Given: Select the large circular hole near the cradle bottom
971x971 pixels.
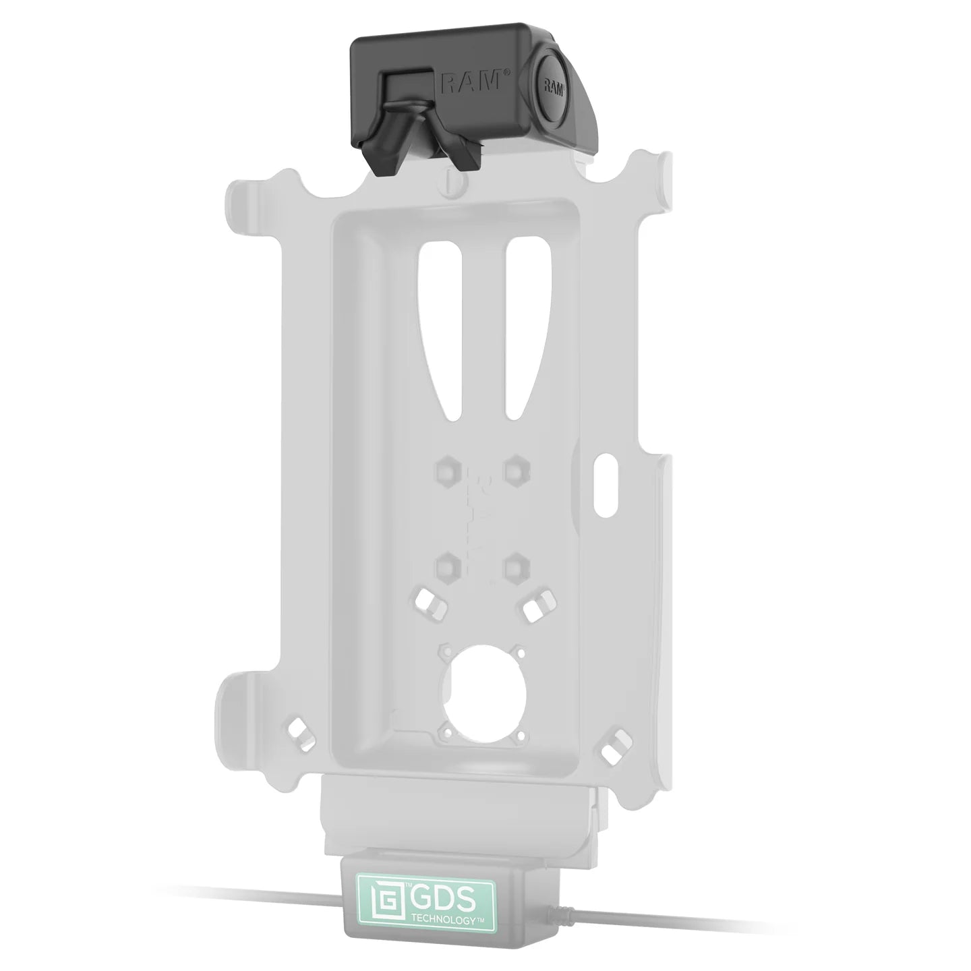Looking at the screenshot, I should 481,687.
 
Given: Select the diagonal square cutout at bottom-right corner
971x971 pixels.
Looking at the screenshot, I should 612,753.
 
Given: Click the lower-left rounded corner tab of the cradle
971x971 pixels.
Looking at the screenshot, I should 243,695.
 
